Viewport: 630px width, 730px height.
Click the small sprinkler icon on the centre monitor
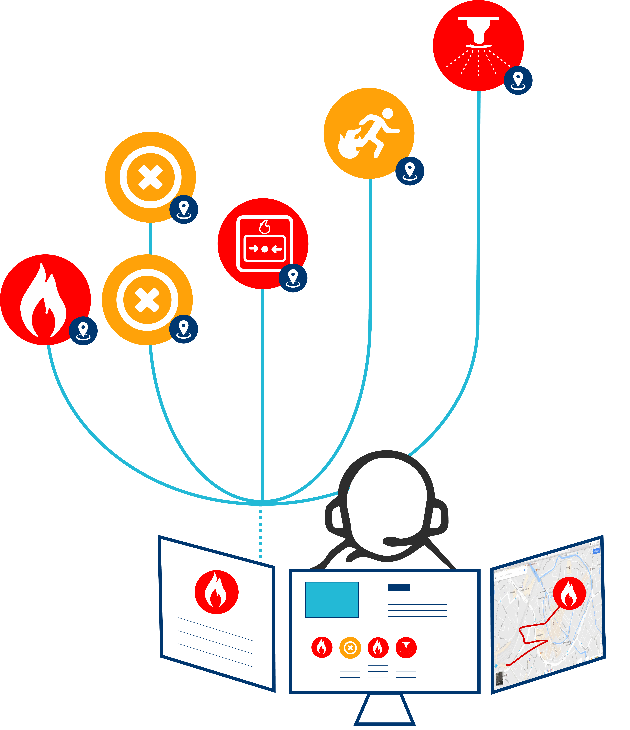(x=406, y=648)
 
